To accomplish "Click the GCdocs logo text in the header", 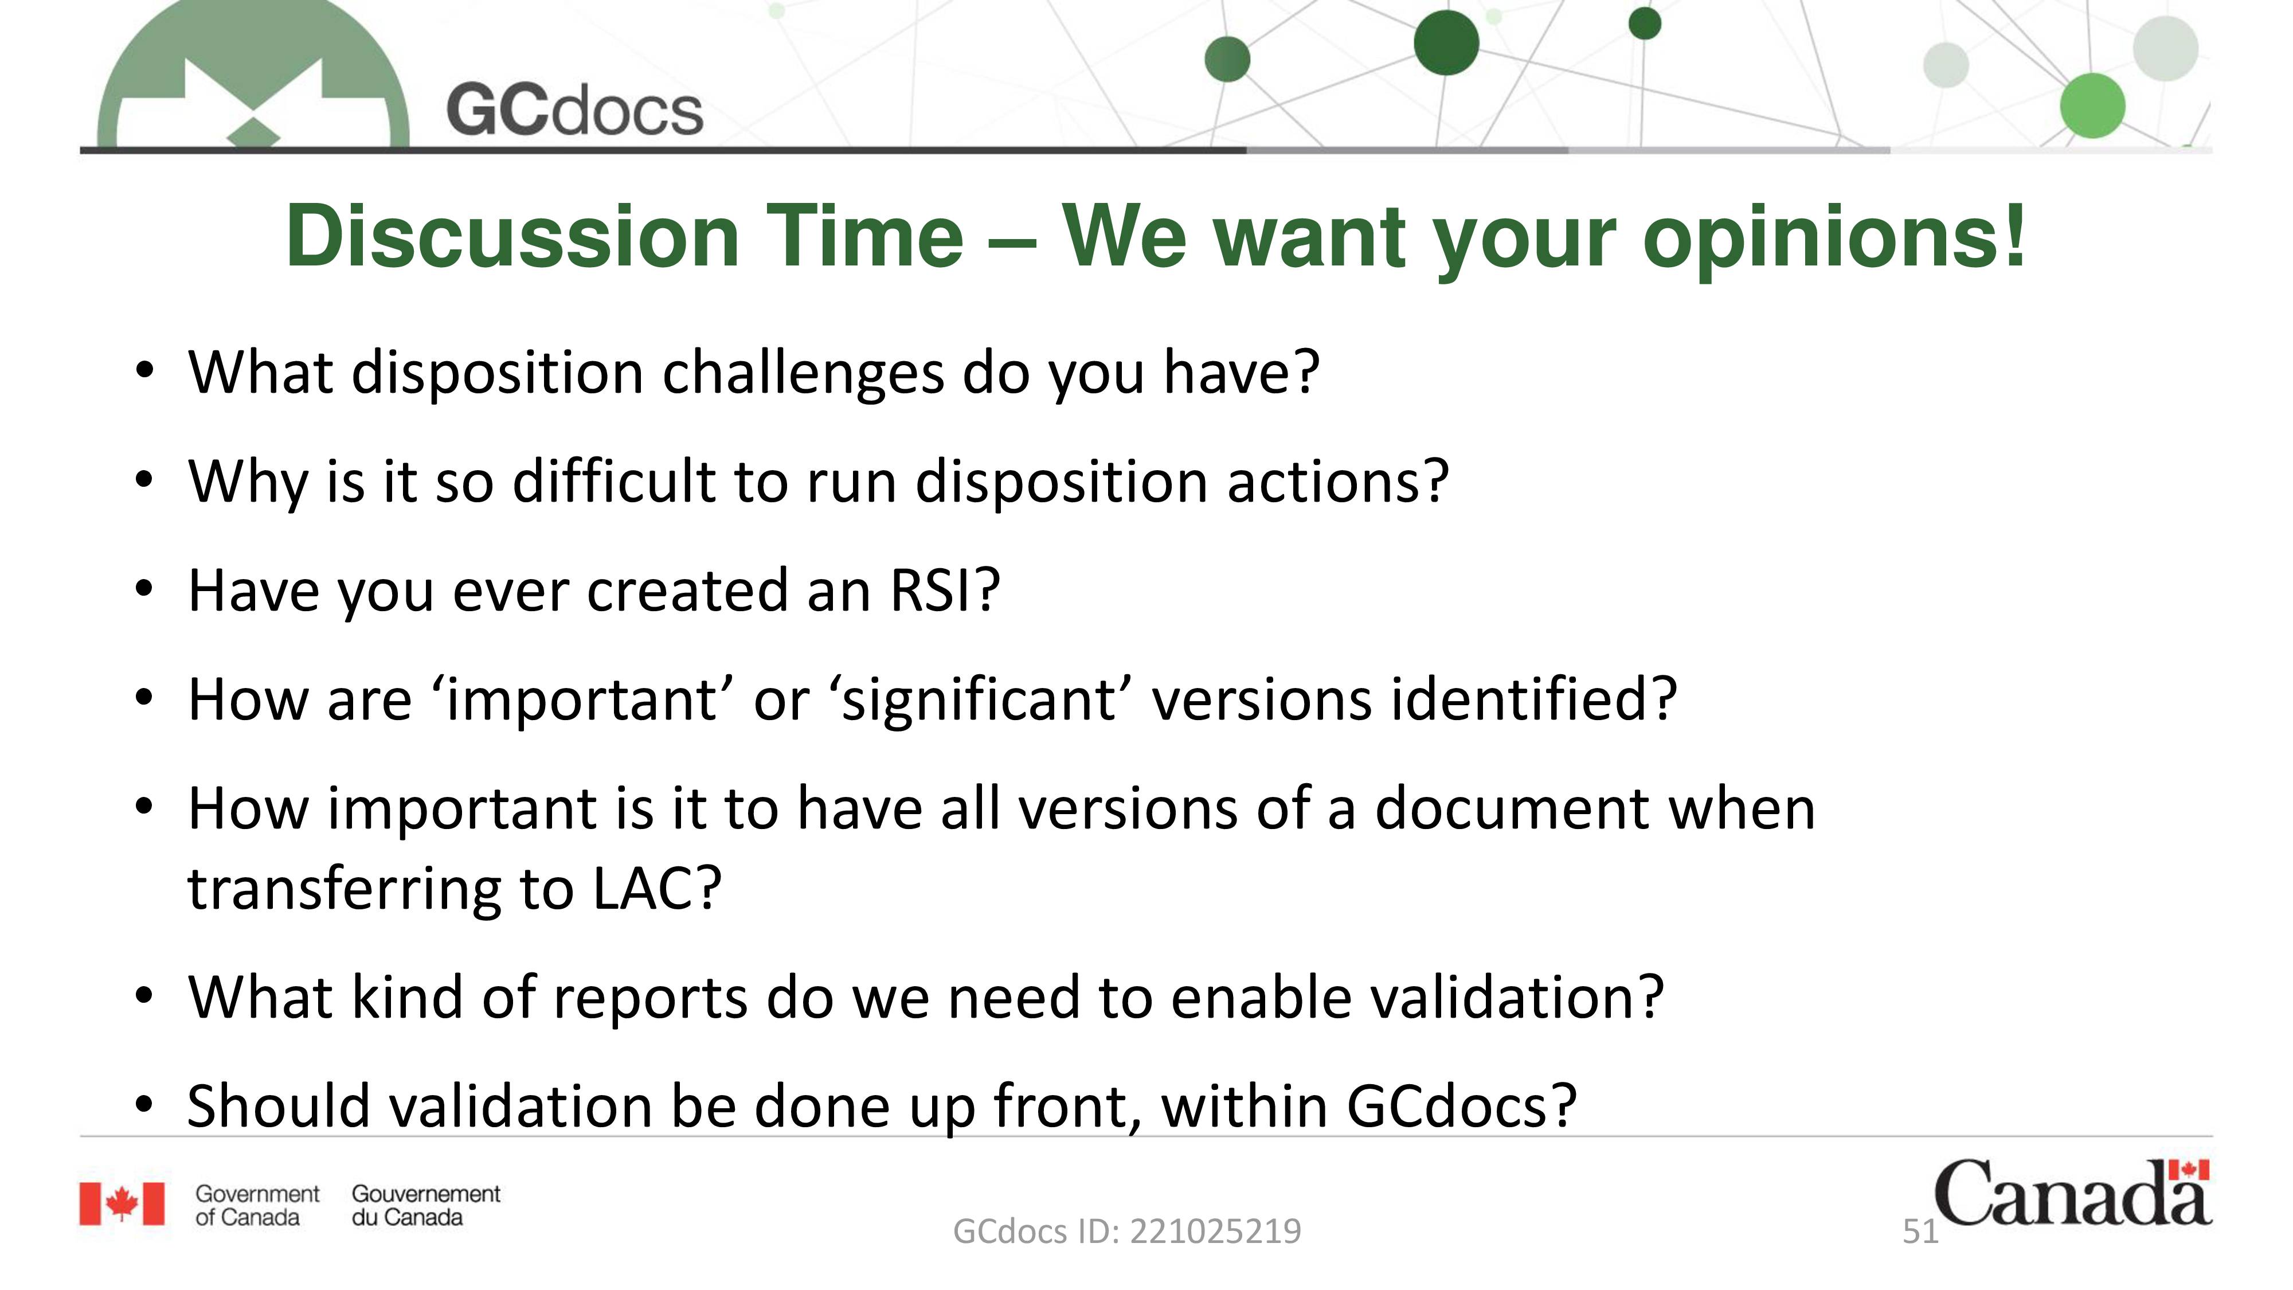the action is click(574, 111).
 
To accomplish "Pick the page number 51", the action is click(1920, 1232).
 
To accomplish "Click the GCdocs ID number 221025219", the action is click(1215, 1232).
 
